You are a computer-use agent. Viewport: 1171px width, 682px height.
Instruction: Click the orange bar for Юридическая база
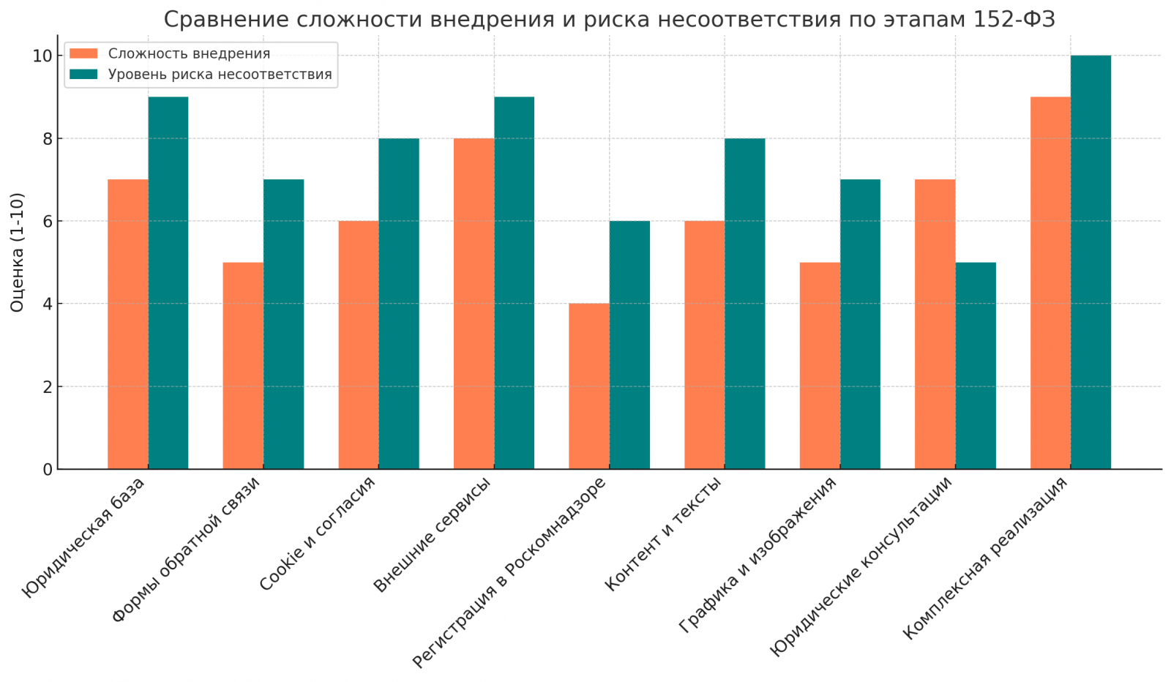[127, 324]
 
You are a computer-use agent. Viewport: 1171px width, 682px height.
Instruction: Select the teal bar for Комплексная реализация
[1090, 262]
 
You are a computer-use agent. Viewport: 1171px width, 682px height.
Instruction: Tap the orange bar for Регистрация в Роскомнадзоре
[589, 386]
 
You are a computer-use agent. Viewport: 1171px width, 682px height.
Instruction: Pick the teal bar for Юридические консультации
[976, 366]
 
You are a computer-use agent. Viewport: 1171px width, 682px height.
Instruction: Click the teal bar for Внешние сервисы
[514, 283]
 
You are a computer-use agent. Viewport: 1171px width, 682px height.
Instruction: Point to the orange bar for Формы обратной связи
[243, 366]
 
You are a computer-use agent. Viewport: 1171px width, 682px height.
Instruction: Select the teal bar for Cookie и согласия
[399, 304]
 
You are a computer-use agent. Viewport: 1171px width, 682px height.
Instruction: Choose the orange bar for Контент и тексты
[704, 345]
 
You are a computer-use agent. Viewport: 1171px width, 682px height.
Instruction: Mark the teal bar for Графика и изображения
[860, 324]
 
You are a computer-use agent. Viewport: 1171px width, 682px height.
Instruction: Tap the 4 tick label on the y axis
[47, 304]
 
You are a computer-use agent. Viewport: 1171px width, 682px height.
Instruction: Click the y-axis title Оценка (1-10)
[17, 252]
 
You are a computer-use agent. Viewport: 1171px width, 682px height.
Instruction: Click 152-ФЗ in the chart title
[1014, 20]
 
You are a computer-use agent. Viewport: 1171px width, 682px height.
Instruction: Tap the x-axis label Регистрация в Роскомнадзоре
[510, 572]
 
